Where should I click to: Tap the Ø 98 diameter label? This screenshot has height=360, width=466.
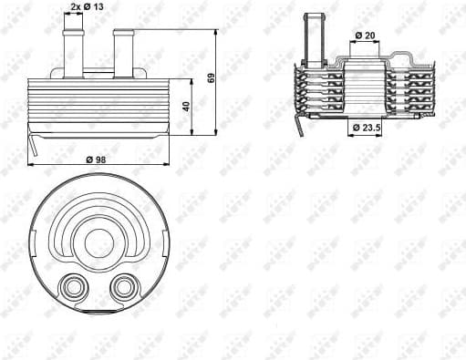coord(95,159)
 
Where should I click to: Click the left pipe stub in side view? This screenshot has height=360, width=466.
coord(67,49)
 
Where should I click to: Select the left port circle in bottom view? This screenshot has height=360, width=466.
coord(70,289)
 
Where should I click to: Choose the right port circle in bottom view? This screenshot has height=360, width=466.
coord(121,289)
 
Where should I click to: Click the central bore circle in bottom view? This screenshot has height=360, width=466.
coord(97,242)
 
